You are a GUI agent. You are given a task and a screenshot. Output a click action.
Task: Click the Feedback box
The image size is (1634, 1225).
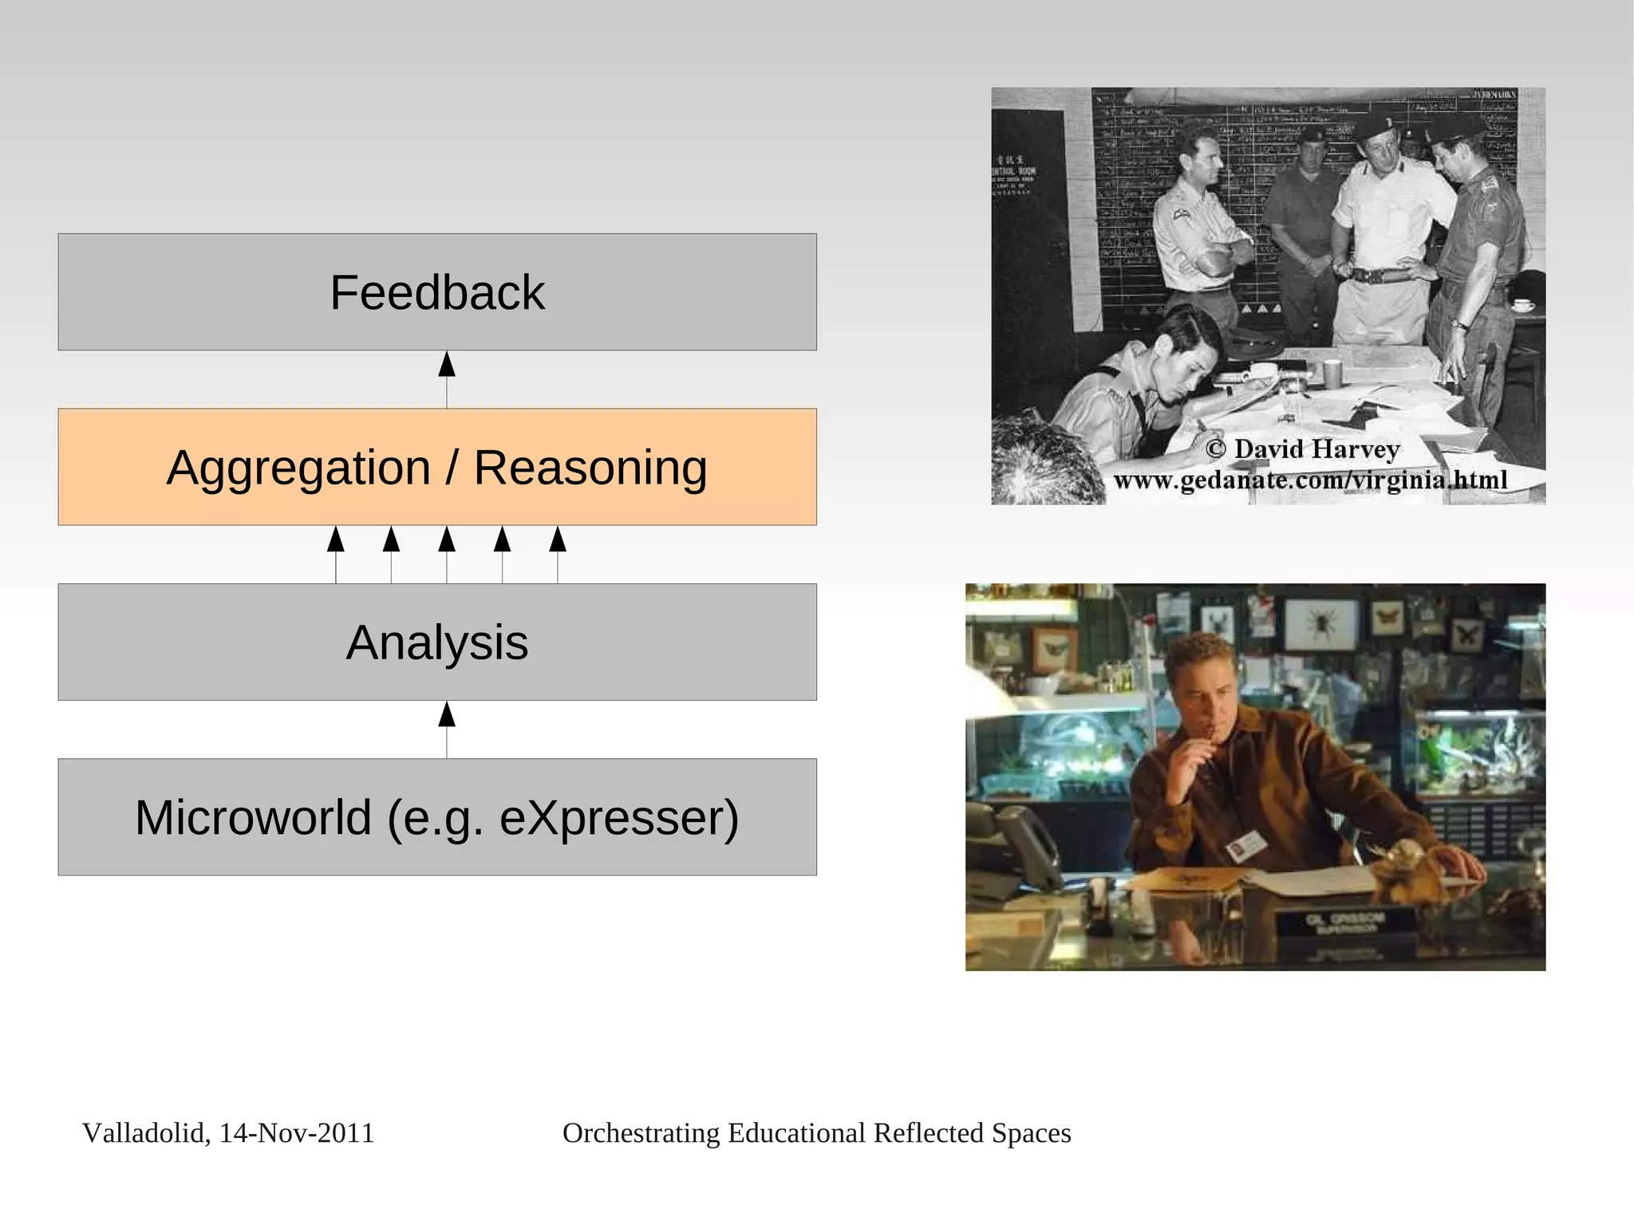tap(437, 292)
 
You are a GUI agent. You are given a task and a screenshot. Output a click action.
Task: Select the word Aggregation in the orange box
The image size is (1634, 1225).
tap(298, 468)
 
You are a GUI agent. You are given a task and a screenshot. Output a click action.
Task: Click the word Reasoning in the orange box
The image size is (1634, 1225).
tap(590, 468)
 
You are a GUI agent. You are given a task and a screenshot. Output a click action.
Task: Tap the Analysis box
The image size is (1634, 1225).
tap(437, 642)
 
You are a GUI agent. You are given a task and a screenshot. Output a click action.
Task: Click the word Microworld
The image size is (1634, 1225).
tap(254, 818)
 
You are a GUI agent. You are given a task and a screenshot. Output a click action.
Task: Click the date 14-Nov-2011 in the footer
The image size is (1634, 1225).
tap(296, 1133)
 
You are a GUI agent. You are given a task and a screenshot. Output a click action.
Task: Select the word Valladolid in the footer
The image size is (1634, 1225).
tap(144, 1133)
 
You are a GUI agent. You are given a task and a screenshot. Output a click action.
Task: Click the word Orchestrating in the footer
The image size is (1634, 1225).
tap(641, 1133)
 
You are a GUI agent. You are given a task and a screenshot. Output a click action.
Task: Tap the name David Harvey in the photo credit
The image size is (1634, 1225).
tap(1316, 449)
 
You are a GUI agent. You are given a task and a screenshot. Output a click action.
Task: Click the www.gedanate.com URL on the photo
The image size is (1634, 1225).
tap(1310, 480)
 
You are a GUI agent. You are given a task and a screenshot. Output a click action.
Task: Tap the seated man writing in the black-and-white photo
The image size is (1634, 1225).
tap(1149, 383)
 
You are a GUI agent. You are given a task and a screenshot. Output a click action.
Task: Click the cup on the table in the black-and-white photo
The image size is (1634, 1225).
tap(1332, 372)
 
